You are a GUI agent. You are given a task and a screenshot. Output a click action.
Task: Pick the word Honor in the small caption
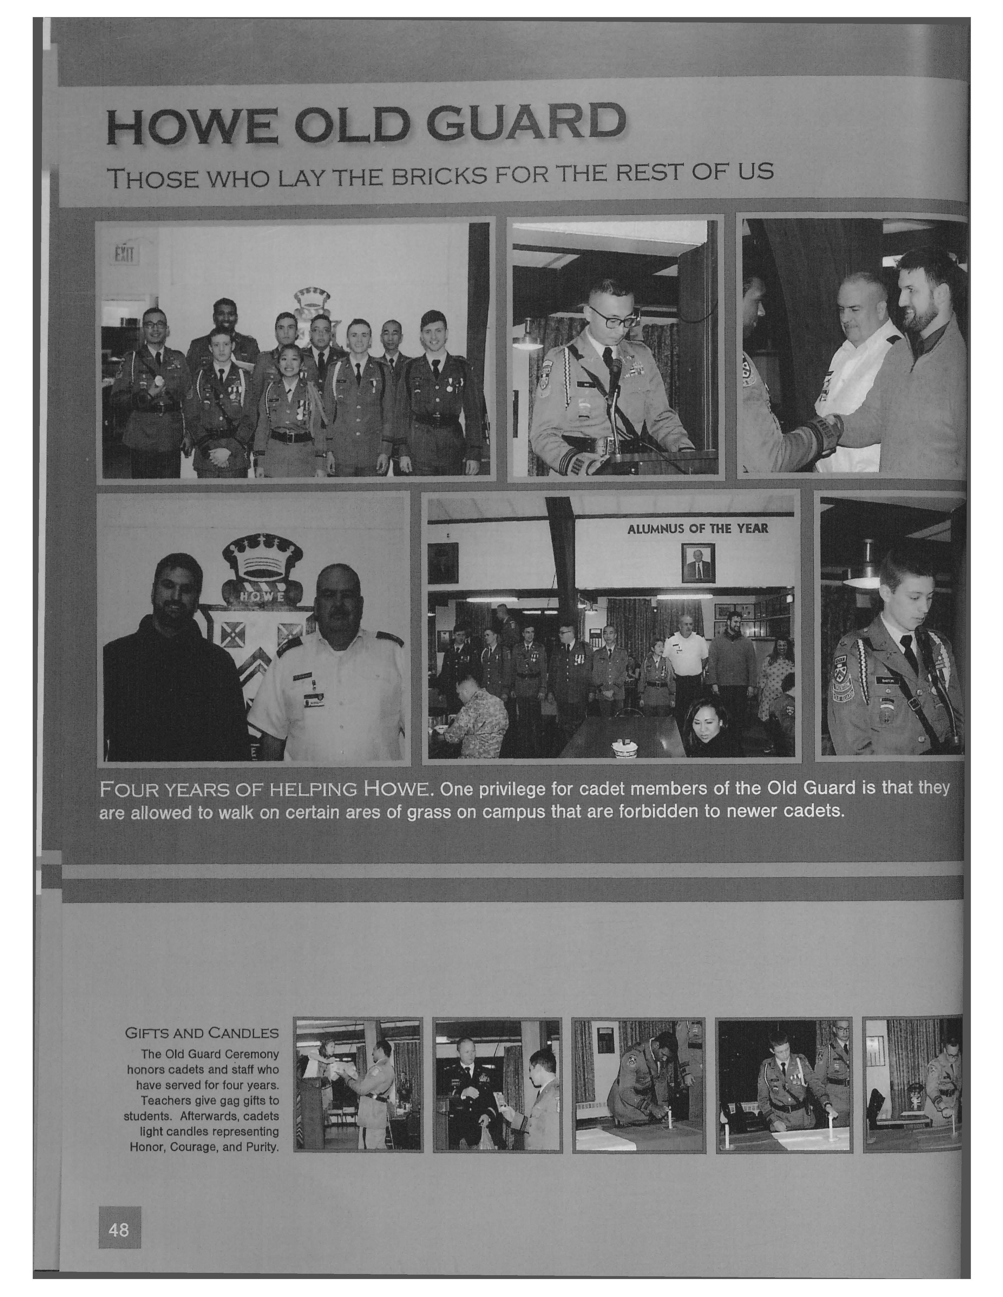click(147, 1147)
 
